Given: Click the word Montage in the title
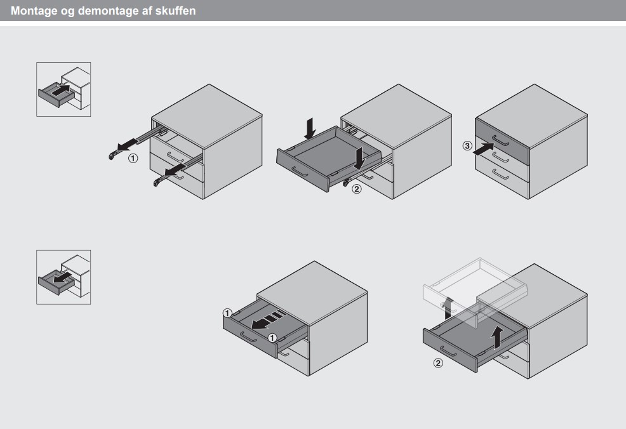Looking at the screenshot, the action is tap(34, 11).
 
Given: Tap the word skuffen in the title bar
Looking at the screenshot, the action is tap(175, 10).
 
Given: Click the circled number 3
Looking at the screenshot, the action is tap(467, 146).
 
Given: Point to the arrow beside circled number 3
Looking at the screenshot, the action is tap(483, 149).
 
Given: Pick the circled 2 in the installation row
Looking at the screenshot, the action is tap(357, 188).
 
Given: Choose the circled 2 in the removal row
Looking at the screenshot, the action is tap(438, 363).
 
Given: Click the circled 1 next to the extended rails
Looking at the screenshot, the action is tap(133, 159).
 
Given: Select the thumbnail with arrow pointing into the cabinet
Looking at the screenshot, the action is tap(63, 89).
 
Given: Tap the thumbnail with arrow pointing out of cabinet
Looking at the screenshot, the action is tap(63, 277).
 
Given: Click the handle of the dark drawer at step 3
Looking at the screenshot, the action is tap(500, 142).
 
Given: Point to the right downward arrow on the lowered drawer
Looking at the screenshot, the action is tap(359, 158).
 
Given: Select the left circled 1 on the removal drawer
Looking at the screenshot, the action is tap(227, 313).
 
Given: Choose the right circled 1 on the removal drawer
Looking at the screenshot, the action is tap(272, 338).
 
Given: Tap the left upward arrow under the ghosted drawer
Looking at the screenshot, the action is tap(449, 308).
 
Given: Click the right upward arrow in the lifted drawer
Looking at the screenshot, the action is tap(496, 337).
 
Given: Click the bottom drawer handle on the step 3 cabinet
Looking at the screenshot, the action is tap(500, 175).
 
